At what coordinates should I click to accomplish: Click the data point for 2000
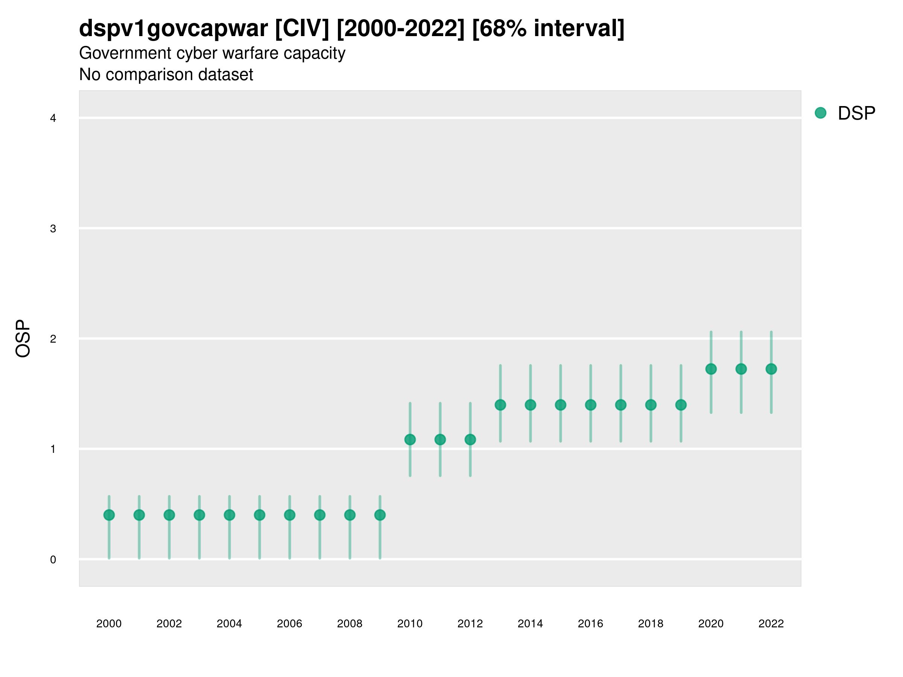(x=109, y=515)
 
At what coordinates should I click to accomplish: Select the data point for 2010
(x=410, y=440)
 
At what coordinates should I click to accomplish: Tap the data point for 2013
(x=500, y=405)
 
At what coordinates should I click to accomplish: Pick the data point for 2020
(x=711, y=369)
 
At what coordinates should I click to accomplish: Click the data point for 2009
(x=380, y=515)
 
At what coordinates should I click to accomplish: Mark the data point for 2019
(x=681, y=405)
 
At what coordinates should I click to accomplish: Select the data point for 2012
(x=470, y=440)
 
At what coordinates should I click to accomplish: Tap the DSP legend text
(x=856, y=113)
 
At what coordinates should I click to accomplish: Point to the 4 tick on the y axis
(x=53, y=118)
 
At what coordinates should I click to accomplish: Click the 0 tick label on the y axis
(x=53, y=560)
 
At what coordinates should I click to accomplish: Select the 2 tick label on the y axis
(x=53, y=339)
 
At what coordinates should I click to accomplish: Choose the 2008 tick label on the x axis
(x=350, y=624)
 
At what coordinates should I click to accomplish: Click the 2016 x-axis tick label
(x=590, y=624)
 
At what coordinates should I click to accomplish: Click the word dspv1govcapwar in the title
(x=173, y=29)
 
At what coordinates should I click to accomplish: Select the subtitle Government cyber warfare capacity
(x=212, y=53)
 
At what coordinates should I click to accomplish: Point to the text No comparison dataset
(x=166, y=75)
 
